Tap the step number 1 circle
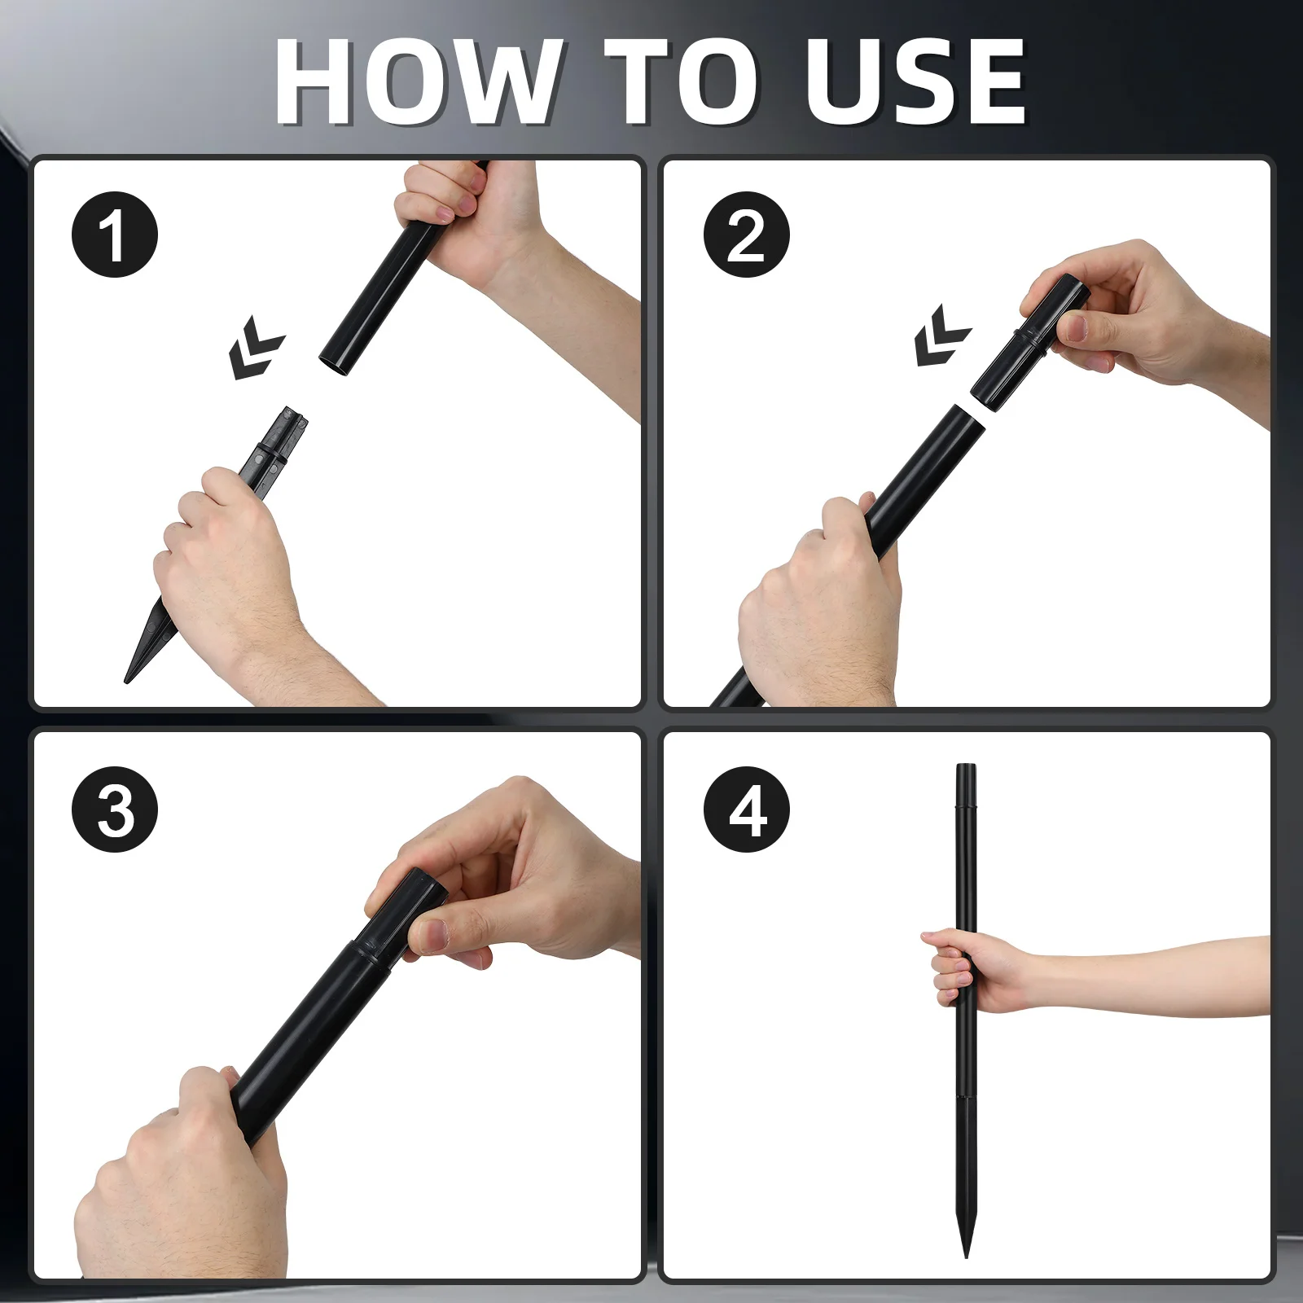coord(115,235)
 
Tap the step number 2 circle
coord(747,235)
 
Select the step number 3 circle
coord(115,809)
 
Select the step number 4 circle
coord(747,809)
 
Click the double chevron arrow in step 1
coord(256,348)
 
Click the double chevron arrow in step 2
coord(941,336)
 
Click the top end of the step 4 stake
coord(966,766)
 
